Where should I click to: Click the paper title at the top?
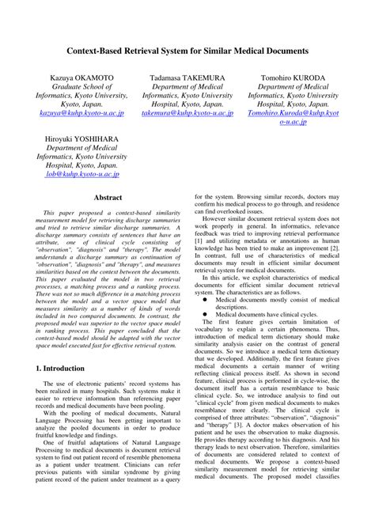[x=187, y=50]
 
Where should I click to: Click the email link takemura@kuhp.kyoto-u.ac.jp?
[x=187, y=114]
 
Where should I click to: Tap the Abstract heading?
[x=108, y=197]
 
